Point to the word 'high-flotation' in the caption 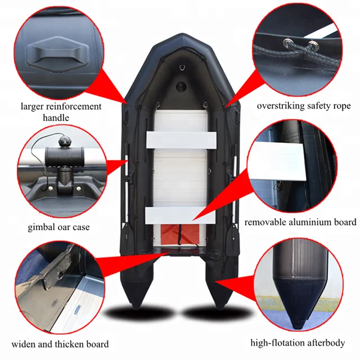pos(274,342)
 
